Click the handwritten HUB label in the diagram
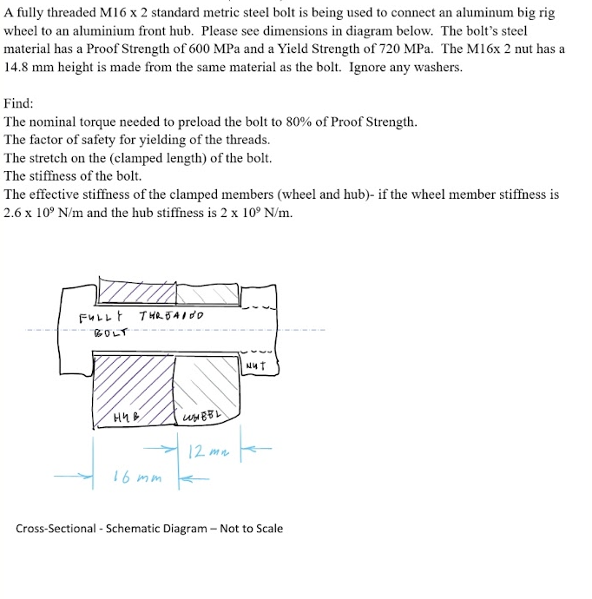(125, 419)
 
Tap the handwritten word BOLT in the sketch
(110, 331)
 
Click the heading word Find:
(19, 103)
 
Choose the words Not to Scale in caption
(251, 528)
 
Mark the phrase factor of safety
(71, 140)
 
